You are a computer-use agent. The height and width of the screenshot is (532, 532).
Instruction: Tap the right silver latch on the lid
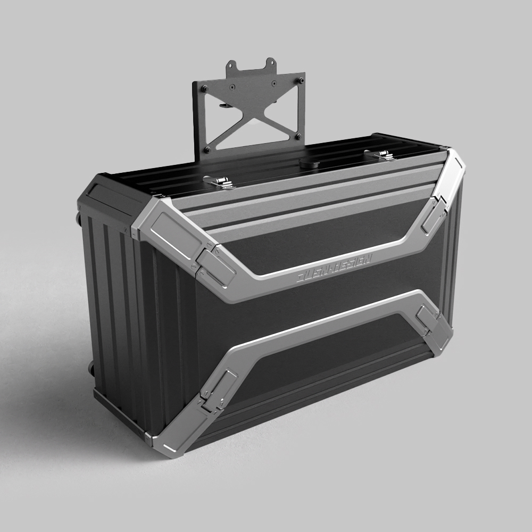click(383, 155)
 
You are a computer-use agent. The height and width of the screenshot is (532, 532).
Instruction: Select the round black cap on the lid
click(309, 161)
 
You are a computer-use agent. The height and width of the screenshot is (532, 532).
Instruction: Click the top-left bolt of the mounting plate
click(204, 88)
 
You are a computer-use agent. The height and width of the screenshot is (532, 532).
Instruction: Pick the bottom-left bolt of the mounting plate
click(207, 150)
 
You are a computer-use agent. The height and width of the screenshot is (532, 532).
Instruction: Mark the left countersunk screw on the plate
click(232, 86)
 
